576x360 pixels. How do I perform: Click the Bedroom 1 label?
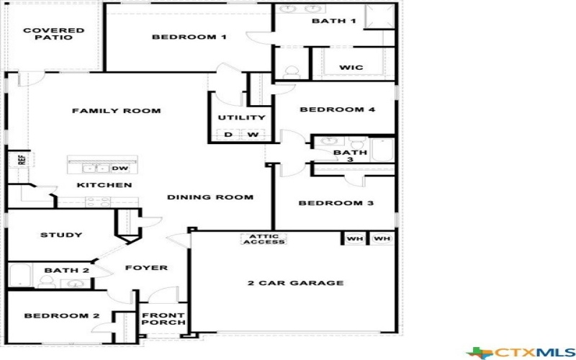(189, 37)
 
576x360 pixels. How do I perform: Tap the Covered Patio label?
(53, 34)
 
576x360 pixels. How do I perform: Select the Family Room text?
(116, 111)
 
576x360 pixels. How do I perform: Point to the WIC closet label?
(351, 68)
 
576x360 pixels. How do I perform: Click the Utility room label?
(241, 117)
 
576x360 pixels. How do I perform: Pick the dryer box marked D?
(228, 135)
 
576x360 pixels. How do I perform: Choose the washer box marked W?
(253, 135)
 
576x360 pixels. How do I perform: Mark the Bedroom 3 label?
(336, 203)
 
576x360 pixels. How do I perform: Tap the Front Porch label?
(163, 319)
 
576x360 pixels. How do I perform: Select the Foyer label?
(146, 268)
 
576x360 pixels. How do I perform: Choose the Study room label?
(60, 235)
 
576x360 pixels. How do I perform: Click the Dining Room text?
(210, 197)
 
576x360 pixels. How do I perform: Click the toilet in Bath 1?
(292, 72)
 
